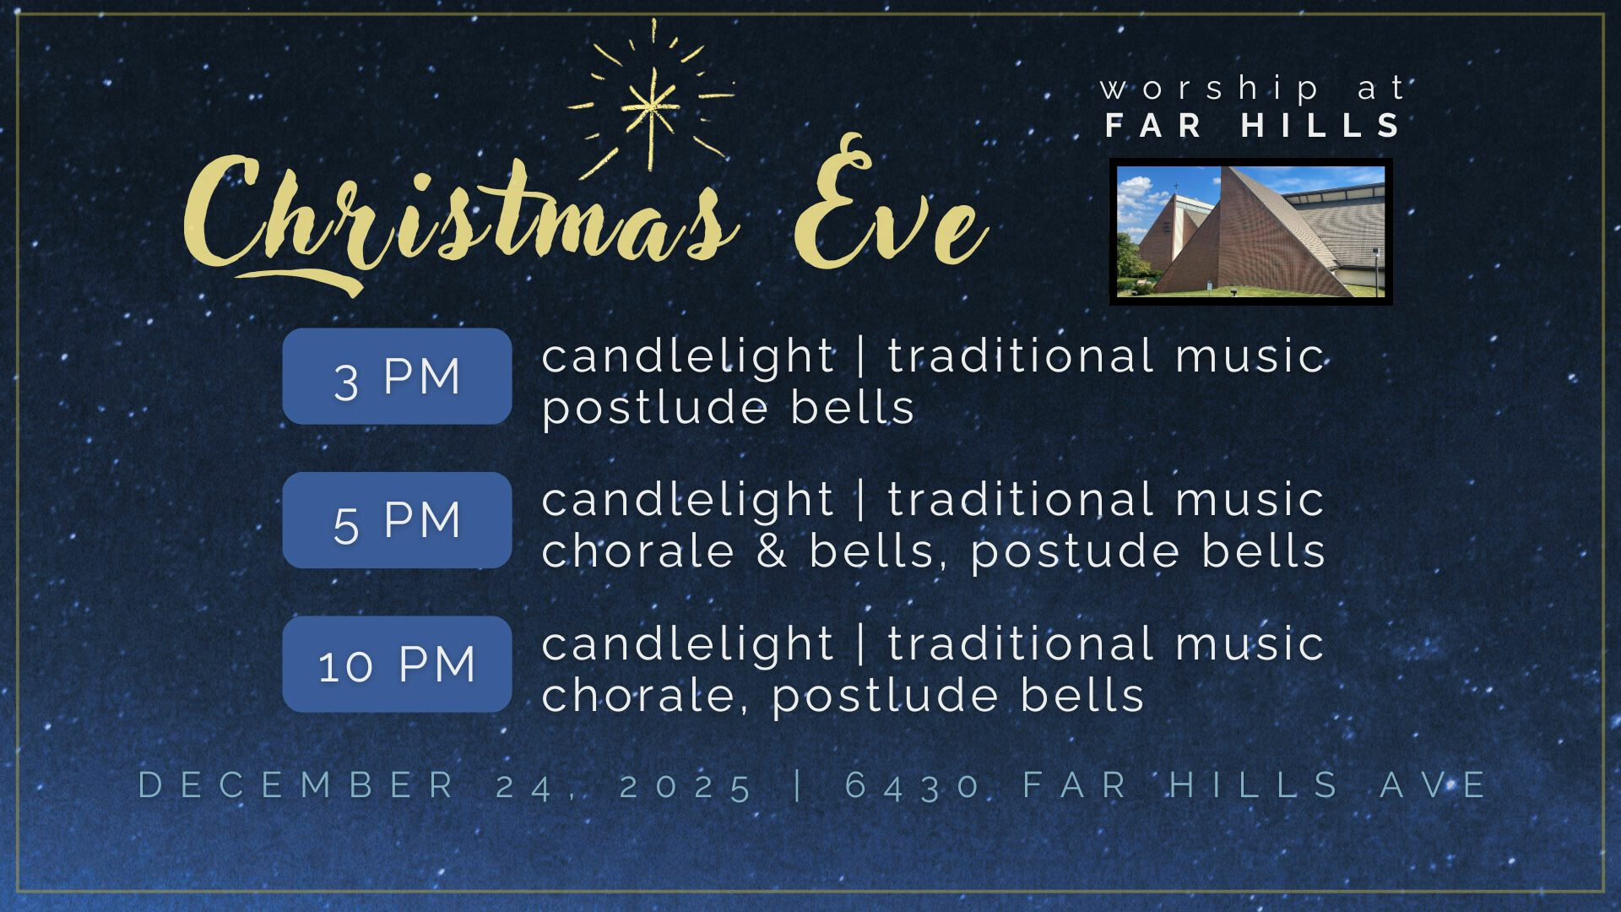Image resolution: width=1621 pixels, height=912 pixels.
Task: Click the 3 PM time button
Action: pos(397,376)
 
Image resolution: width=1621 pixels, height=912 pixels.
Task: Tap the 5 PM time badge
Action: pos(397,520)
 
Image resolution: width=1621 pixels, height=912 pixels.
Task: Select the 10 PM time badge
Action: pos(397,664)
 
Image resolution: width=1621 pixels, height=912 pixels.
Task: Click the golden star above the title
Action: pos(650,101)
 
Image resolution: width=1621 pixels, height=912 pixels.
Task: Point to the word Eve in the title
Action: pos(891,207)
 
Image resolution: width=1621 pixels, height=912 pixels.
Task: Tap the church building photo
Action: pos(1250,231)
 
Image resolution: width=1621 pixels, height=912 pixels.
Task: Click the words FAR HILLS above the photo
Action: pos(1252,126)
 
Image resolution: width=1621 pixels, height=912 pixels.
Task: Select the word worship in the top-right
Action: pos(1210,89)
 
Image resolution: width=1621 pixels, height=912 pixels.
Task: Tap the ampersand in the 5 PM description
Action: pos(772,551)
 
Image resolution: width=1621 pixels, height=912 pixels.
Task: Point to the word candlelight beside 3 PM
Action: pos(688,356)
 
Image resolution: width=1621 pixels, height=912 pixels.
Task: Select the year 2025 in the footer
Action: pos(686,786)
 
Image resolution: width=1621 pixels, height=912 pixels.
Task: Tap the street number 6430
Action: pos(912,786)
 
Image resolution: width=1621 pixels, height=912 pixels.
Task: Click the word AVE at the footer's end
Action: pos(1433,785)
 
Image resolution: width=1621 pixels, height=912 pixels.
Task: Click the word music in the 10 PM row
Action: pos(1250,643)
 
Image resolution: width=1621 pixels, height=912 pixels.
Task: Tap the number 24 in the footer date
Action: pos(524,786)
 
